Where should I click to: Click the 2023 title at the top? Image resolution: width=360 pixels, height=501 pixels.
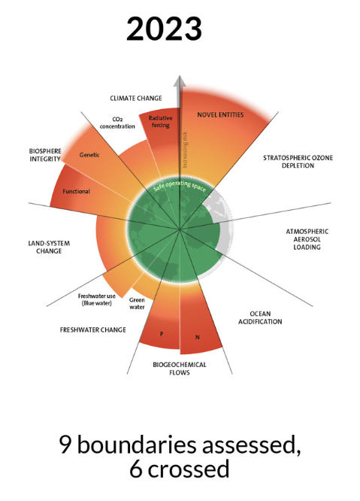[x=164, y=29]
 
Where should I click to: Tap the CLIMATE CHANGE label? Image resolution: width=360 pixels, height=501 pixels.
[x=136, y=98]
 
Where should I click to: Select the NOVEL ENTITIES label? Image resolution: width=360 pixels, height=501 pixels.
[x=220, y=114]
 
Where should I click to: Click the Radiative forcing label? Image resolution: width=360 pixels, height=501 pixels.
[x=160, y=122]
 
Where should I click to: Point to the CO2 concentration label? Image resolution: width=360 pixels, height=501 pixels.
[x=117, y=123]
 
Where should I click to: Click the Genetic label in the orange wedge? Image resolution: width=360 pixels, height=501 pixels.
[x=89, y=155]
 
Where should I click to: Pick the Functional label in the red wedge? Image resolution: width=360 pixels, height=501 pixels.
[x=76, y=191]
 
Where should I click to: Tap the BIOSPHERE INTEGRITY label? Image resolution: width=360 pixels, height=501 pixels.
[x=45, y=155]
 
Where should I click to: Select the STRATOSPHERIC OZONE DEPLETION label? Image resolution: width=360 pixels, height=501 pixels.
[x=298, y=162]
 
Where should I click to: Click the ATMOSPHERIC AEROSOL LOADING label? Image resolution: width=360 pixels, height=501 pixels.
[x=307, y=239]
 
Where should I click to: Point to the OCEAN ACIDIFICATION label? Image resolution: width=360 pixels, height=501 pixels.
[x=260, y=317]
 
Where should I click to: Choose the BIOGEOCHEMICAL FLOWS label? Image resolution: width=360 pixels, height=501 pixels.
[x=180, y=369]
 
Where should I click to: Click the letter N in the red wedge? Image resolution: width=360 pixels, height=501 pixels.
[x=197, y=337]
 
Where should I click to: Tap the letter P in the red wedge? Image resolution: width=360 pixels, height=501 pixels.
[x=162, y=334]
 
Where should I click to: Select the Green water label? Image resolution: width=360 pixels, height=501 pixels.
[x=137, y=304]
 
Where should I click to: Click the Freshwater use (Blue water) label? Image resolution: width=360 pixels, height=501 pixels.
[x=97, y=299]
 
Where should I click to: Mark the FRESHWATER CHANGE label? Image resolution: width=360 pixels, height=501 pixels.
[x=93, y=329]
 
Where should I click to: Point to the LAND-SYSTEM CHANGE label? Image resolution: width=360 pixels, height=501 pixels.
[x=49, y=247]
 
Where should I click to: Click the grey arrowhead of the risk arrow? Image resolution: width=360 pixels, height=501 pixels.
[x=180, y=81]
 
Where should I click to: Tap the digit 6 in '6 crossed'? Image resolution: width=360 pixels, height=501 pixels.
[x=136, y=469]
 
